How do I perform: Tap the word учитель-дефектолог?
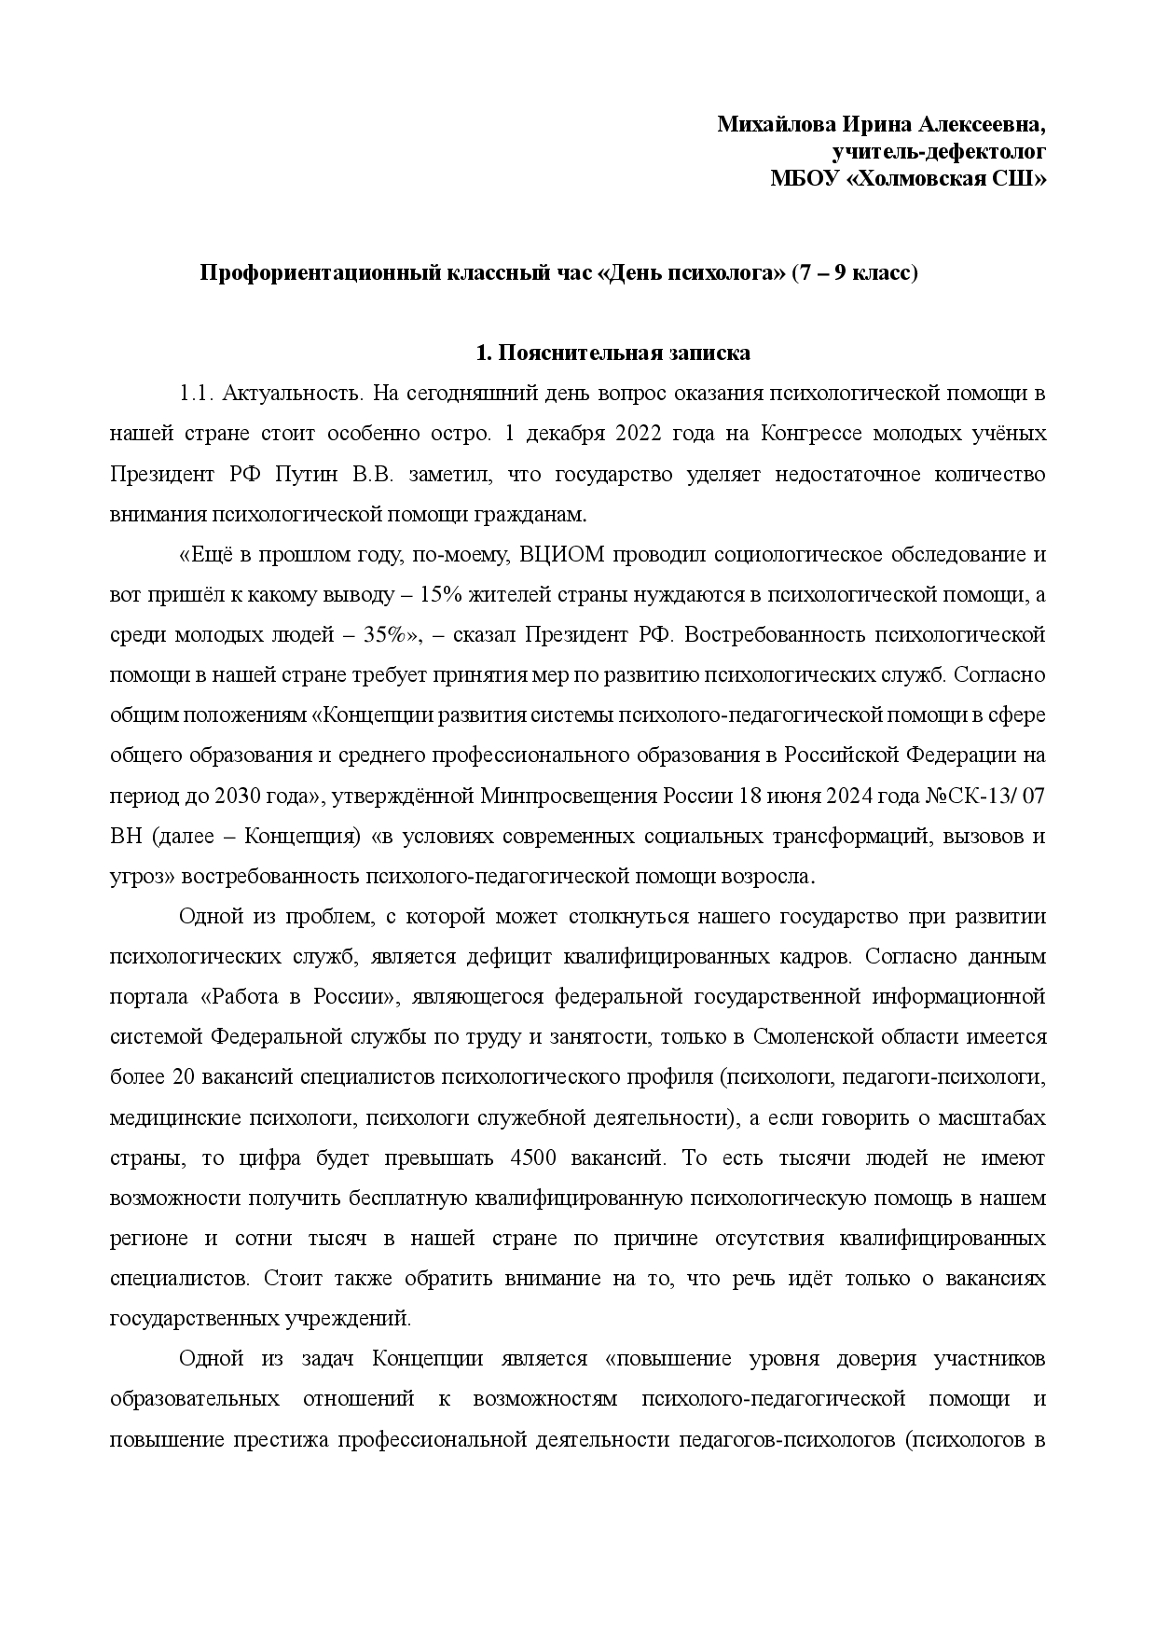938,151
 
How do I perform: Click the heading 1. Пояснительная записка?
612,354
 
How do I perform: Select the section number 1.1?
197,394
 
